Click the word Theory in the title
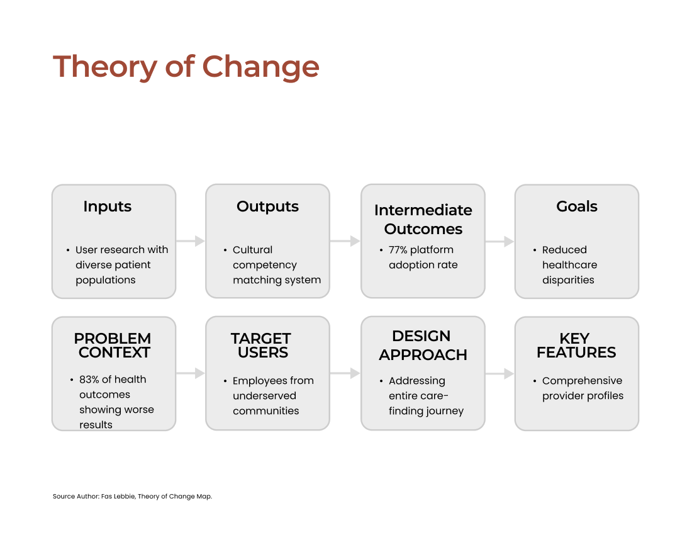(104, 67)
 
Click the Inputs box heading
(107, 206)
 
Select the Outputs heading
(267, 206)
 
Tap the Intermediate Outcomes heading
(423, 220)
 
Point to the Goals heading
(577, 206)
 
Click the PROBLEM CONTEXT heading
(113, 345)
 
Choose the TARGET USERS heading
(261, 345)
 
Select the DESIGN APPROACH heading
(423, 345)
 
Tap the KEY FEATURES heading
(576, 345)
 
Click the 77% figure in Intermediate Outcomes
(398, 250)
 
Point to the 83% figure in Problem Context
(89, 380)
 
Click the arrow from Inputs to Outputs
(191, 241)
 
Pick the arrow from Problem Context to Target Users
(191, 373)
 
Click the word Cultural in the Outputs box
(252, 250)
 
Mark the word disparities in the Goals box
(568, 280)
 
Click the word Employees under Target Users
(260, 381)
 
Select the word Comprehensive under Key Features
(582, 381)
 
